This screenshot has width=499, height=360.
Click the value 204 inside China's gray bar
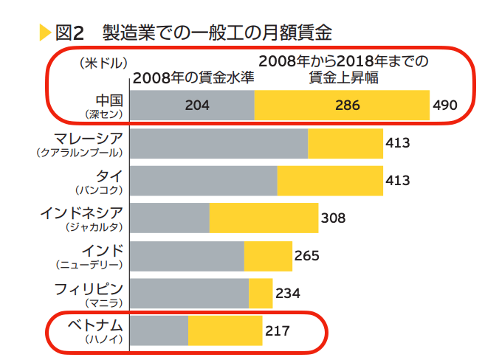(197, 105)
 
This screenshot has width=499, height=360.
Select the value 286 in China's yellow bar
(347, 105)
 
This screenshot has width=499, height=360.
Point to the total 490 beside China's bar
(445, 105)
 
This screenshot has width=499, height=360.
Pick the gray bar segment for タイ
(203, 181)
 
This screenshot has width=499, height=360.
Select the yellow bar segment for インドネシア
(263, 218)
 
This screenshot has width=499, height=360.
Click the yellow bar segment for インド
(268, 256)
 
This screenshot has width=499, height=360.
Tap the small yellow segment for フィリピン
(261, 293)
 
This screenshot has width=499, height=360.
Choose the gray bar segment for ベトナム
(159, 330)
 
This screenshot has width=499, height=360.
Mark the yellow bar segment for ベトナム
(225, 330)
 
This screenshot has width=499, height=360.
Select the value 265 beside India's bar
(306, 256)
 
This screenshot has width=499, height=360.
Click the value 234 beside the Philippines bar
(287, 294)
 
